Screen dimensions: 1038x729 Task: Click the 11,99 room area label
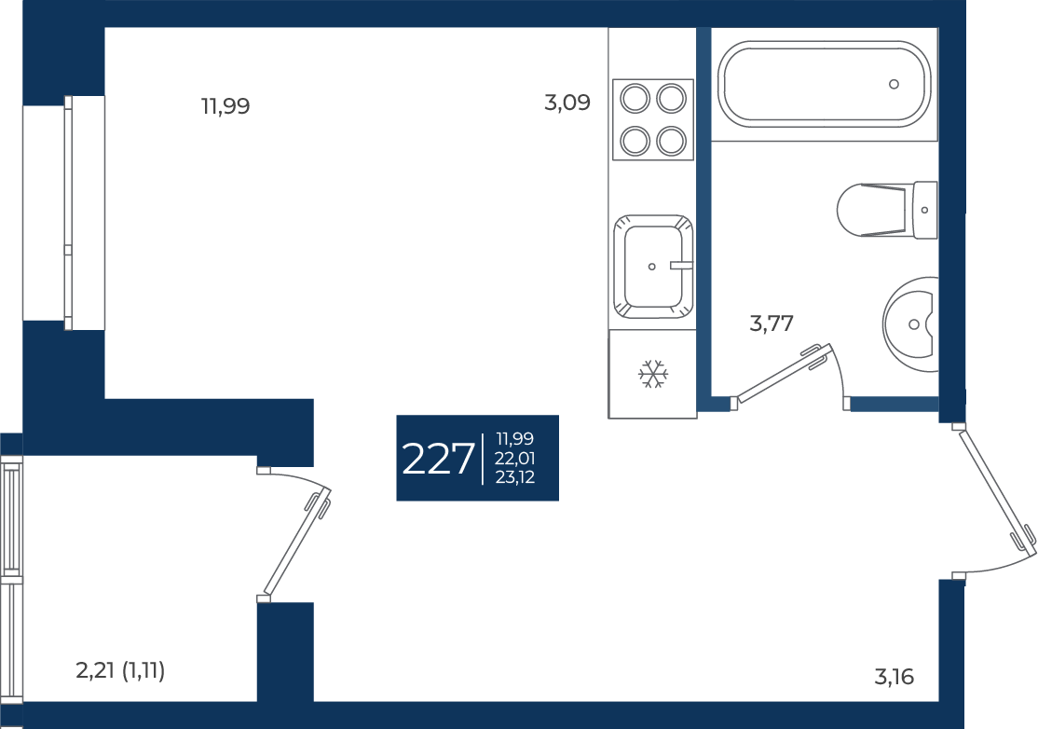point(225,106)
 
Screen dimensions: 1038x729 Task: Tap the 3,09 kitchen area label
point(567,103)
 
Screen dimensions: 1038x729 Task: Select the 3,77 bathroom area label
point(772,323)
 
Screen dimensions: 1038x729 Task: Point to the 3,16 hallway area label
point(895,677)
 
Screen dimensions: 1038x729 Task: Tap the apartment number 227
point(438,459)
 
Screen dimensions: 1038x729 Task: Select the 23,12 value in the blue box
point(515,476)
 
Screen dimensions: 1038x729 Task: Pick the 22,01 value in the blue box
point(515,458)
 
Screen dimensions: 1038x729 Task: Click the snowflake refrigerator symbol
point(653,374)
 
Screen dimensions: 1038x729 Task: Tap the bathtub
point(825,84)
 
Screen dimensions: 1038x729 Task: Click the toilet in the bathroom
point(887,210)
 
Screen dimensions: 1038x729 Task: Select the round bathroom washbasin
point(911,324)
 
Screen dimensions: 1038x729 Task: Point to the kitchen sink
point(653,267)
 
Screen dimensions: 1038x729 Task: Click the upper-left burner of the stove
point(635,100)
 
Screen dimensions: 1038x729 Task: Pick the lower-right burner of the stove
point(671,141)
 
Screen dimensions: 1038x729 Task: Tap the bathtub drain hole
point(894,84)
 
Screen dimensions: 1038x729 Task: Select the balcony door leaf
point(297,541)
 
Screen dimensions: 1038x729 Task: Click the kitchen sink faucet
point(681,265)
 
